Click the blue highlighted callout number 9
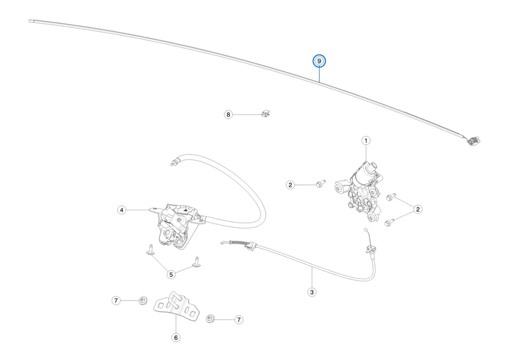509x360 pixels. pyautogui.click(x=319, y=61)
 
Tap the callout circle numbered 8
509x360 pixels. pyautogui.click(x=228, y=115)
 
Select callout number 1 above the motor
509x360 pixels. pyautogui.click(x=366, y=140)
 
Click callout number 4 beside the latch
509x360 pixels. pyautogui.click(x=122, y=210)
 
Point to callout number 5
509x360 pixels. pyautogui.click(x=171, y=274)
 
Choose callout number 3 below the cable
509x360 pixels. pyautogui.click(x=312, y=292)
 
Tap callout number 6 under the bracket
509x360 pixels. pyautogui.click(x=176, y=337)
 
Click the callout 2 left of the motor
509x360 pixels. pyautogui.click(x=290, y=185)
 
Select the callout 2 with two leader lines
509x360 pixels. pyautogui.click(x=418, y=209)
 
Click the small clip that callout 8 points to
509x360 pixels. pyautogui.click(x=266, y=114)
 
